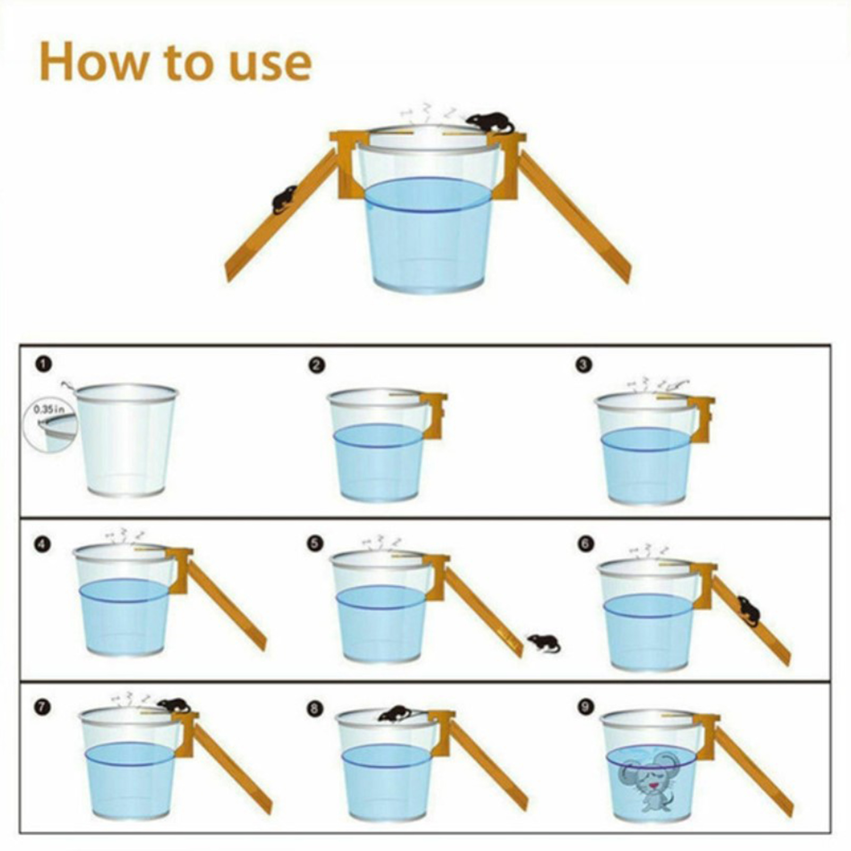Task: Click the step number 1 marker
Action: (45, 364)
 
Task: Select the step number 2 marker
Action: (317, 365)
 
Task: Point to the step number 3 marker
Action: (584, 364)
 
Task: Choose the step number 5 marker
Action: (315, 544)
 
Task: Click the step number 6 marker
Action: (585, 544)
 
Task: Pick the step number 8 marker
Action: (315, 708)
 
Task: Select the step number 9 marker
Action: (586, 706)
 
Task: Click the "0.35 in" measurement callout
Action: (49, 410)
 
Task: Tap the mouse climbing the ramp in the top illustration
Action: (285, 199)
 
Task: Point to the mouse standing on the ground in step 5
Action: (544, 643)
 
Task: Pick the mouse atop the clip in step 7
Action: (174, 706)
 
